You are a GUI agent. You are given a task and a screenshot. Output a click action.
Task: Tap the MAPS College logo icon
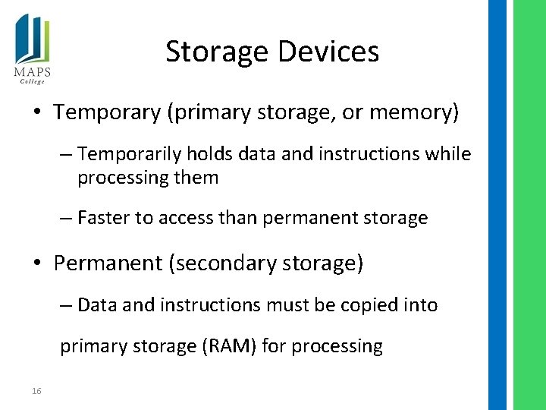[x=31, y=42]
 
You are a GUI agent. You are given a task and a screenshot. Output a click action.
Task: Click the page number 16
[x=36, y=391]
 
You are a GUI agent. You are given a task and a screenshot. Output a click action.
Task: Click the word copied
[x=371, y=305]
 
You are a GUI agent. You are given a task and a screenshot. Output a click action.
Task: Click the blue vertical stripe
[x=497, y=205]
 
